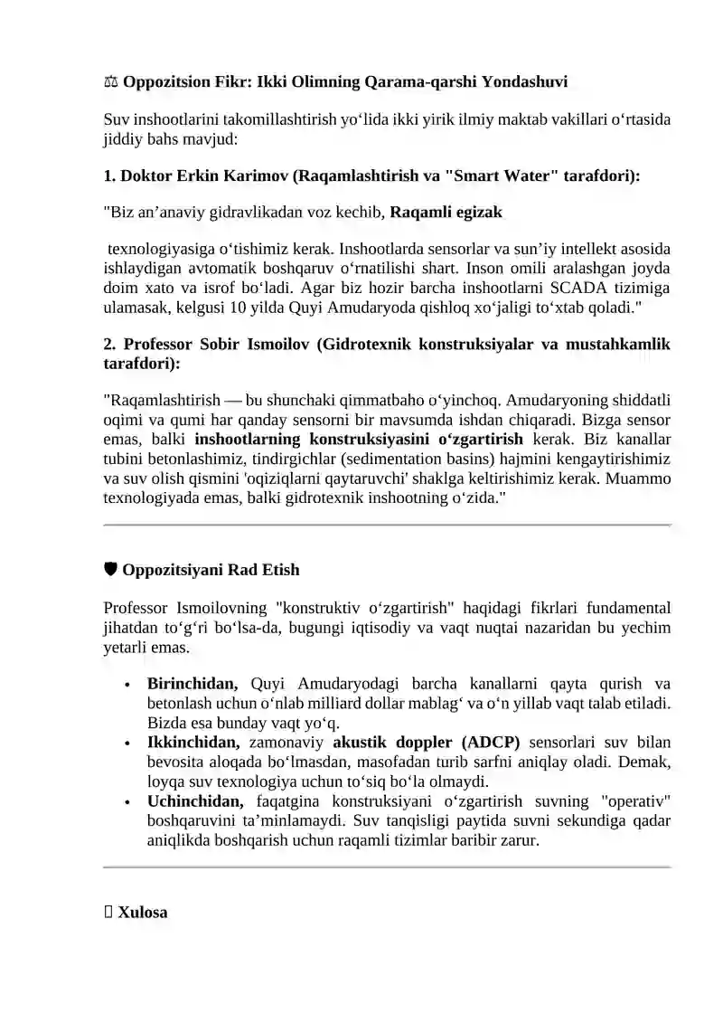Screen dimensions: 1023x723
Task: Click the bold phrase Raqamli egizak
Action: click(x=446, y=213)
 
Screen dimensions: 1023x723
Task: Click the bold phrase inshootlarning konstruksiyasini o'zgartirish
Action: click(x=359, y=439)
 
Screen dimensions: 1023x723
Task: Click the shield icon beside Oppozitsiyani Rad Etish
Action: click(x=110, y=570)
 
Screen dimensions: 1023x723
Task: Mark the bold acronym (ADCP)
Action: click(x=487, y=743)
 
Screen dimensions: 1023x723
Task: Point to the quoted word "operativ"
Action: click(x=635, y=801)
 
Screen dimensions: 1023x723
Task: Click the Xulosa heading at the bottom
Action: click(x=142, y=913)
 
